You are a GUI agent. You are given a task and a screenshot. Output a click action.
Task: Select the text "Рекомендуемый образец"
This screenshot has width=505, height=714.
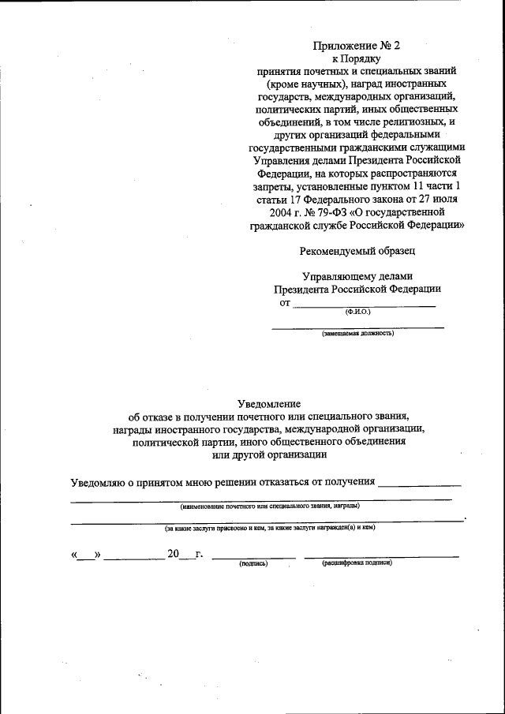point(357,251)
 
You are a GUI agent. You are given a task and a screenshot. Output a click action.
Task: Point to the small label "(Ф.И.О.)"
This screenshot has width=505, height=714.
point(357,312)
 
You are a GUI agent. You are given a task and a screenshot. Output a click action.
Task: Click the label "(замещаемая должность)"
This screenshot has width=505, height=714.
point(357,333)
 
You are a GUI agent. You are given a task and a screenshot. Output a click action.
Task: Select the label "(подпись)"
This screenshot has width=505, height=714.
point(253,563)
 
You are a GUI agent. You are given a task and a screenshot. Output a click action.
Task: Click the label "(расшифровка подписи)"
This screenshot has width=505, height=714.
point(357,563)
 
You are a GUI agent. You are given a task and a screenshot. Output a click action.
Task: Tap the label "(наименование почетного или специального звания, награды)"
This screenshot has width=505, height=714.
point(270,505)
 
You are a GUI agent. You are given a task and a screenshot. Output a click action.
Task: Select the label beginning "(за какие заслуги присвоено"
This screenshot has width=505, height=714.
point(269,527)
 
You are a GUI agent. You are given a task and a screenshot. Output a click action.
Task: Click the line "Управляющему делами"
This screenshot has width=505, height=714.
point(357,275)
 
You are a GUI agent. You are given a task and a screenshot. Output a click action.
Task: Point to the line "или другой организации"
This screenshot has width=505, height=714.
point(270,454)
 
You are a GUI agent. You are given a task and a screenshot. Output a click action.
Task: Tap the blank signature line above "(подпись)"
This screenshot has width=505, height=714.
point(253,556)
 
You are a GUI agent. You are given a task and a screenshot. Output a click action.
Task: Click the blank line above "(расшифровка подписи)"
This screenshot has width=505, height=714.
point(381,556)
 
